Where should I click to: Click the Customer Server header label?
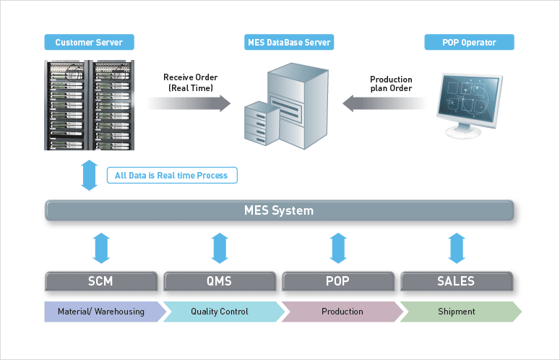90,42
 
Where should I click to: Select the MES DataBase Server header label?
289,42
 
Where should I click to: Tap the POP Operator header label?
469,42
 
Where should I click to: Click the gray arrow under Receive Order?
189,103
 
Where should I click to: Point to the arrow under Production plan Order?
384,103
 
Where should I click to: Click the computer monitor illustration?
469,106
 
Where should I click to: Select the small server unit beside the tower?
262,123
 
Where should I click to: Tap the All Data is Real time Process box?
172,176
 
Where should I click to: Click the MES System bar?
280,210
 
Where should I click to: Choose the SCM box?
101,281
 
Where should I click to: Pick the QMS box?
220,281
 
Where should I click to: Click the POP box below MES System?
338,281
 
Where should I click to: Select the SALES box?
457,281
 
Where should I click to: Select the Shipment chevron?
461,312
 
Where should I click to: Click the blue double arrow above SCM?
101,248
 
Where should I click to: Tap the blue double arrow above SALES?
457,248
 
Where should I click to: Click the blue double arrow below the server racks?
90,176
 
